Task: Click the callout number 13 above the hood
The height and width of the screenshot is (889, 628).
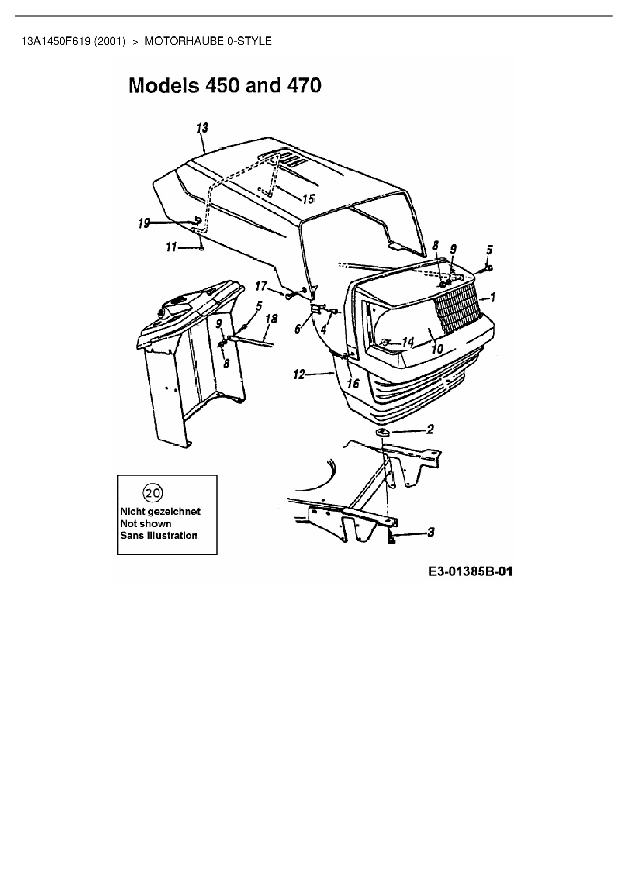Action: click(x=202, y=128)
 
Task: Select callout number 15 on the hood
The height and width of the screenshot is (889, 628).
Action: click(x=308, y=198)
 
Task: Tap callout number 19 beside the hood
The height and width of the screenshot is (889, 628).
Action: click(x=144, y=223)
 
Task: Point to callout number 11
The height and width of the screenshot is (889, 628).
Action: click(x=171, y=247)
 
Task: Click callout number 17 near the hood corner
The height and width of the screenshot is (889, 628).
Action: click(x=261, y=287)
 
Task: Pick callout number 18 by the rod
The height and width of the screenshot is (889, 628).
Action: click(x=271, y=319)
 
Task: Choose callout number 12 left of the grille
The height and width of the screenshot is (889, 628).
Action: click(x=299, y=375)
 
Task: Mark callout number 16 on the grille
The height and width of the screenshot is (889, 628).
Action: click(x=353, y=383)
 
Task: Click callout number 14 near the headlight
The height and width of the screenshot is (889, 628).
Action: click(x=408, y=342)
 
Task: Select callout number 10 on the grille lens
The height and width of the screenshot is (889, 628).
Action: click(x=437, y=349)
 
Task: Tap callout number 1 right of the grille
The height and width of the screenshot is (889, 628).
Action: click(x=492, y=298)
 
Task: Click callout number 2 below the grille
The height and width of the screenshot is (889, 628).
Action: click(x=430, y=430)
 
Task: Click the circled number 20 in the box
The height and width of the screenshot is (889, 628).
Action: click(x=153, y=492)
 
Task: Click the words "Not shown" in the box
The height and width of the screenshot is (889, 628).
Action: click(x=146, y=524)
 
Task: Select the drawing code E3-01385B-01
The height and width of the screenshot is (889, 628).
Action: click(x=470, y=571)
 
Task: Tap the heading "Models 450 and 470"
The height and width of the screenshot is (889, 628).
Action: click(x=225, y=85)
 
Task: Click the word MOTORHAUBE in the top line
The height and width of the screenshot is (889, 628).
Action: click(x=184, y=41)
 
